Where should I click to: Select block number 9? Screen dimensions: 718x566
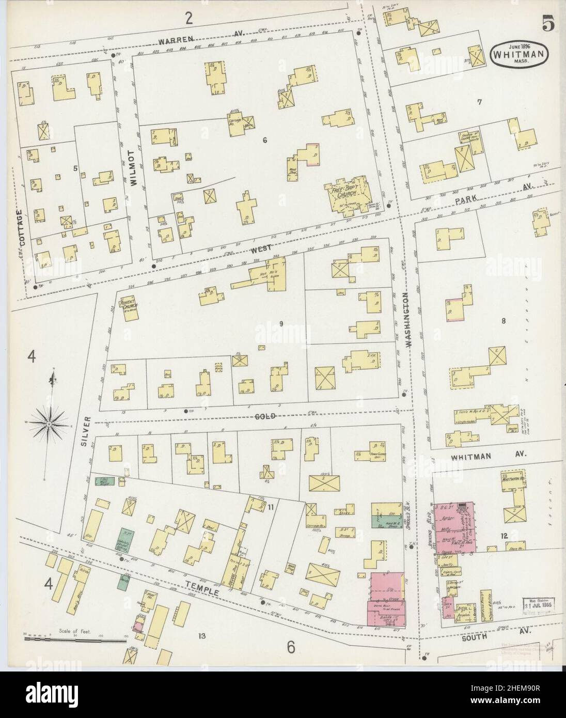[280, 324]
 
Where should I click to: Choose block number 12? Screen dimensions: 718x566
[504, 536]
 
